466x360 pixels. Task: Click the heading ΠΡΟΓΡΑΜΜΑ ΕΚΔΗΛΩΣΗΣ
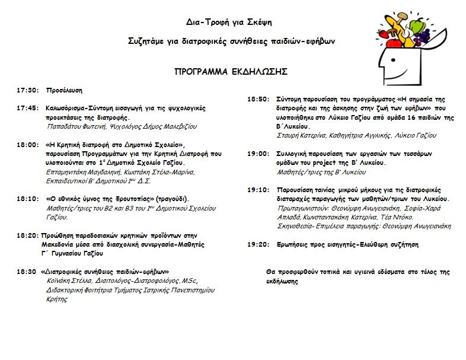coord(231,72)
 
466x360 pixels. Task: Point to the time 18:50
coord(258,100)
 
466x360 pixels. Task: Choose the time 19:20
coord(258,244)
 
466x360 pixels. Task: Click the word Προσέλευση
coord(64,91)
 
